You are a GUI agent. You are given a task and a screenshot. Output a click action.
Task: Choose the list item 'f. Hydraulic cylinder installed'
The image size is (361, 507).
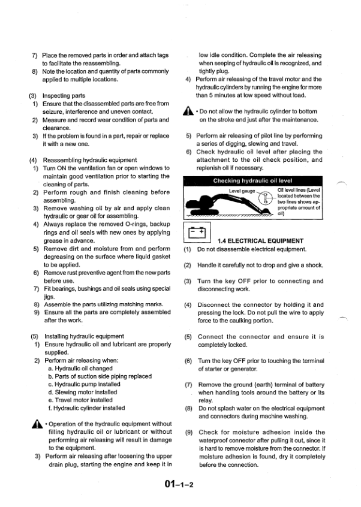click(86, 408)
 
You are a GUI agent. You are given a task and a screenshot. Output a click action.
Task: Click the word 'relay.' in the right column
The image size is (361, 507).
click(206, 401)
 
